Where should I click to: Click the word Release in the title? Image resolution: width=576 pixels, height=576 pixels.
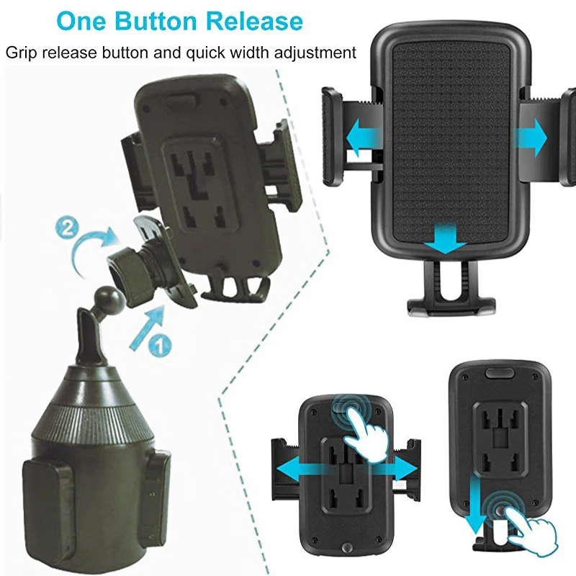click(x=254, y=21)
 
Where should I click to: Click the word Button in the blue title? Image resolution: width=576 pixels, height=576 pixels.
click(x=156, y=21)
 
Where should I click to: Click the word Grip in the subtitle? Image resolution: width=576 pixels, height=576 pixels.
click(x=22, y=53)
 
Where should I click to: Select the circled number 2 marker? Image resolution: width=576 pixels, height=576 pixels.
click(x=67, y=228)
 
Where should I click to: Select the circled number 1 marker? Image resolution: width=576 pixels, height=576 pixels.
click(x=159, y=346)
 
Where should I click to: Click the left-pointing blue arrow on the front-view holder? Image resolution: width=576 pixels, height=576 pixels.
click(x=364, y=138)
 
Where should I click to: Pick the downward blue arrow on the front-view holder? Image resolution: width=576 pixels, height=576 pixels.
click(x=445, y=238)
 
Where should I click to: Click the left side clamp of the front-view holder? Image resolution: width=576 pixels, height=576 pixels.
click(x=332, y=137)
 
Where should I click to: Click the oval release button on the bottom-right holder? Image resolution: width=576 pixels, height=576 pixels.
click(x=500, y=373)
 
